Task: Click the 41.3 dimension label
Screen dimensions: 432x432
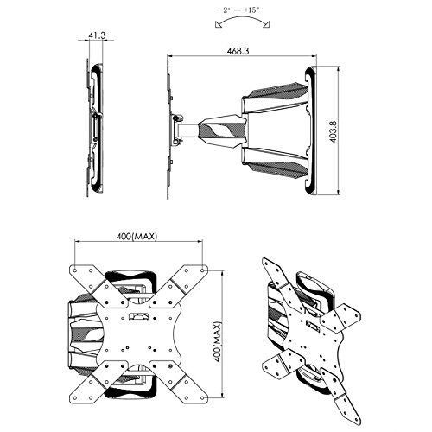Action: pos(97,35)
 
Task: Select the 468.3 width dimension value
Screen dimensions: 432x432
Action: pos(238,51)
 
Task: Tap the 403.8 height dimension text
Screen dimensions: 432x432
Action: pos(334,131)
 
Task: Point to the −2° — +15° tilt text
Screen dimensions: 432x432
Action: pos(239,10)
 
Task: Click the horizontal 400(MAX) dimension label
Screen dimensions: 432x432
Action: pos(137,237)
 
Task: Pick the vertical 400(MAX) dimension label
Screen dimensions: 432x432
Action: pos(218,341)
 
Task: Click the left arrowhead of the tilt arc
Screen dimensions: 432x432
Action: pos(218,25)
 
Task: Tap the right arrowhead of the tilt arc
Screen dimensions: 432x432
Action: pos(266,25)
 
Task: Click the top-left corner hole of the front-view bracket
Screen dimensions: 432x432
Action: pos(75,270)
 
